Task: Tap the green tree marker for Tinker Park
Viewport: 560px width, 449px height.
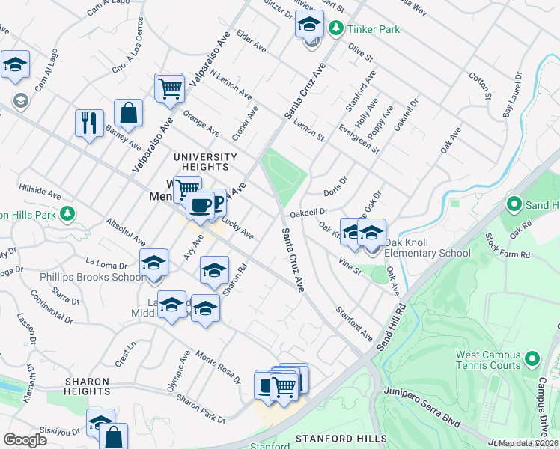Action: click(336, 28)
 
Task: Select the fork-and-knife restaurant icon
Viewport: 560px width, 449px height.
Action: click(89, 122)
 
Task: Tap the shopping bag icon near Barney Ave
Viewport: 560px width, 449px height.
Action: click(129, 113)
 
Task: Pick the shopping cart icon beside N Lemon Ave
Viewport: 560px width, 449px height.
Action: click(170, 88)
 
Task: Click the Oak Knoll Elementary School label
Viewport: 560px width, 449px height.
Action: click(427, 253)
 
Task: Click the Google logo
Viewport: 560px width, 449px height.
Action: click(25, 439)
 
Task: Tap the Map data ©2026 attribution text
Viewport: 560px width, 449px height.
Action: click(529, 443)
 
